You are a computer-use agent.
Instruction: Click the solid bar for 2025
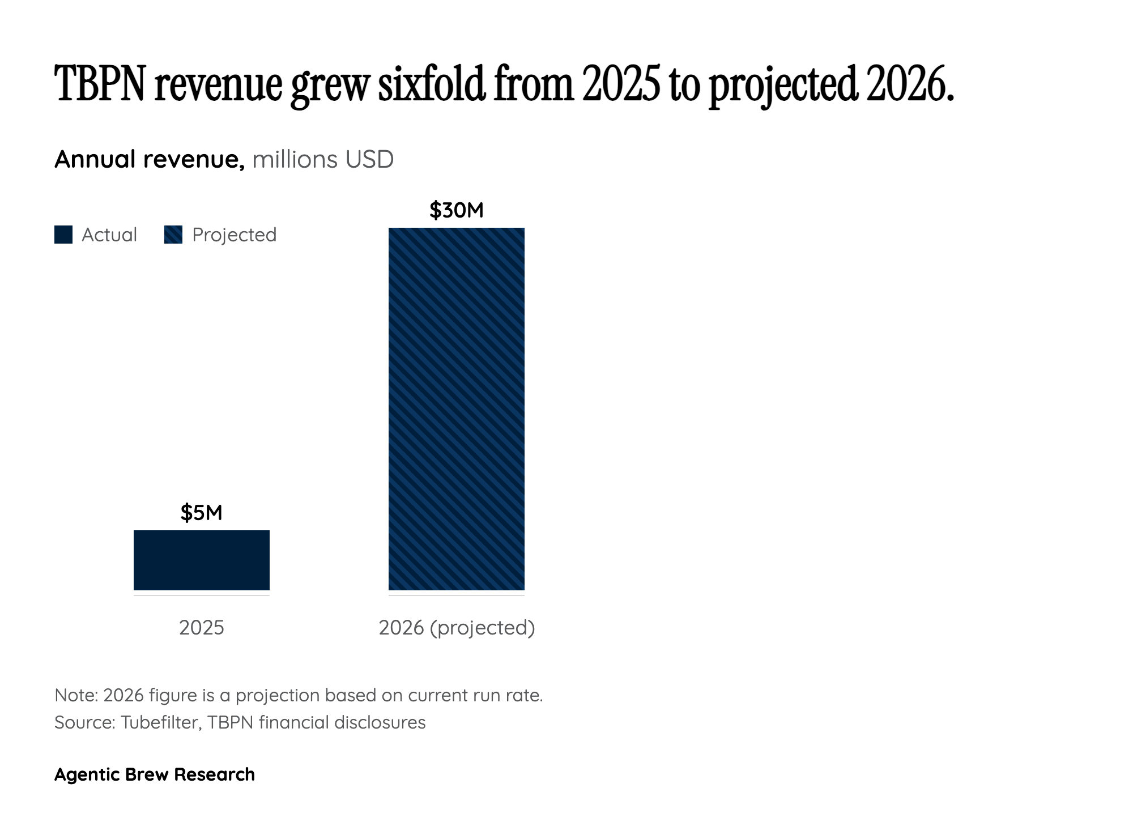201,560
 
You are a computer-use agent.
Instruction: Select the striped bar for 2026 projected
456,408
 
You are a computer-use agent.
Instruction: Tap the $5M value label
201,513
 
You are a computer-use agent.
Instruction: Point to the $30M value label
456,210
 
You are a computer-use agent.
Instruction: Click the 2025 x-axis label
201,628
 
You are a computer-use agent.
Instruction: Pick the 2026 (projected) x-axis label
457,628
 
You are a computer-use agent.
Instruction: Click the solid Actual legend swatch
63,235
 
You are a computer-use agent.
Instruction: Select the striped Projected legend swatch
173,235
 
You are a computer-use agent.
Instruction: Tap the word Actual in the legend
109,235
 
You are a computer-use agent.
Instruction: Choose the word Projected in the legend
234,235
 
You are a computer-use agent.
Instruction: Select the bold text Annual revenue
149,159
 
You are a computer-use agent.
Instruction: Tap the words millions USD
323,159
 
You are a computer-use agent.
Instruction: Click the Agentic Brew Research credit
154,774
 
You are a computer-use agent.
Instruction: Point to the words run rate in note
508,695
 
